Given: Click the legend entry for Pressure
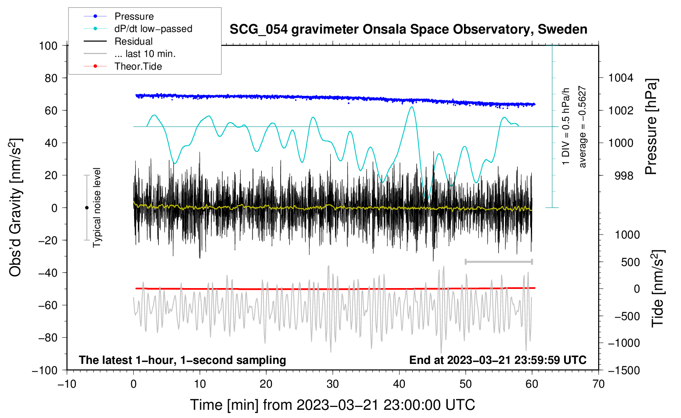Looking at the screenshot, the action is coord(119,16).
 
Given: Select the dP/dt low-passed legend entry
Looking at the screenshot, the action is coord(138,29).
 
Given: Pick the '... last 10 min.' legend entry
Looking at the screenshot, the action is coord(130,54).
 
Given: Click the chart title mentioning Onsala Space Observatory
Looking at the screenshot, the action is coord(408,30).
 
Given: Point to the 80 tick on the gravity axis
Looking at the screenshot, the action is coord(51,78).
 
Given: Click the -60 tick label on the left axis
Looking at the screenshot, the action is coord(48,305).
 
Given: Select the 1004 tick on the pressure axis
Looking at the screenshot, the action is coord(621,78).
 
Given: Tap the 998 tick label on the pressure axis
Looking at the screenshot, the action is coord(624,175).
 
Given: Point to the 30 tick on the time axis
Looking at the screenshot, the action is coord(333,384).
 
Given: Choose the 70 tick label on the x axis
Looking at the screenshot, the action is coord(598,384).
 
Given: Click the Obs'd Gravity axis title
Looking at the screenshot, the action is coord(15,207).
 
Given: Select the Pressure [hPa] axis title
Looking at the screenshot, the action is coord(651,127).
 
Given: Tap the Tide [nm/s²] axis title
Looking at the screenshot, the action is coord(658,289).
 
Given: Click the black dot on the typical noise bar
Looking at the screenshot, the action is coord(87,208).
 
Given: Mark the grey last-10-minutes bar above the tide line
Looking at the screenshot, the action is coord(498,261).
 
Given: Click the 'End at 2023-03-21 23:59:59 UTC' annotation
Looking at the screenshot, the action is coord(498,360).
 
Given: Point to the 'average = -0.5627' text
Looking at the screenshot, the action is coord(582,127).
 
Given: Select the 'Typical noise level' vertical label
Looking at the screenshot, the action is coord(97,207).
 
